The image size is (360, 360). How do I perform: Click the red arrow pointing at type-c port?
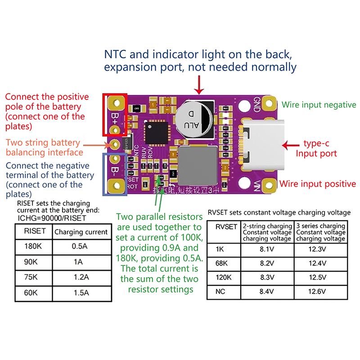291,145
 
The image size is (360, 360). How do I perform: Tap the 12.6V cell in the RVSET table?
321,292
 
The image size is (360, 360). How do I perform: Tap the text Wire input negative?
319,104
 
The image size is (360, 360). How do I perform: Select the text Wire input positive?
318,184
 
